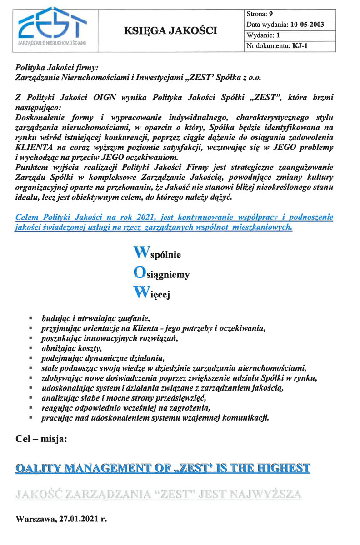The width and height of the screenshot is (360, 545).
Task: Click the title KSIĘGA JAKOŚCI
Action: coord(170,31)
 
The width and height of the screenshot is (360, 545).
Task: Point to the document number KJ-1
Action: coord(301,45)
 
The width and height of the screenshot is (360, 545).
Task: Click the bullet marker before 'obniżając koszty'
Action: coord(30,348)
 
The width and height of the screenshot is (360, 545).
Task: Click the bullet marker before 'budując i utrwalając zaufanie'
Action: coord(30,318)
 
